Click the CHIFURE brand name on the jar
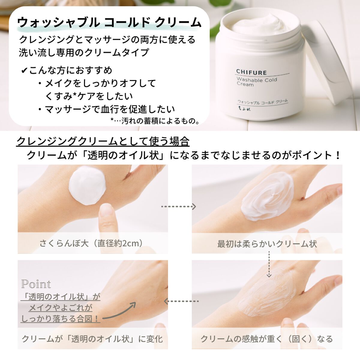(251, 72)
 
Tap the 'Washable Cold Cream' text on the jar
(256, 82)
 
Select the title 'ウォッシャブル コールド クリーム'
(109, 22)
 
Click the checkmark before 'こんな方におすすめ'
(24, 71)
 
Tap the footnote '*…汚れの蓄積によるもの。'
(155, 121)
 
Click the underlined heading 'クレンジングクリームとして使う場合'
(103, 141)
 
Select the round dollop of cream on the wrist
(87, 186)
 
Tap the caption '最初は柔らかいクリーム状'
(267, 244)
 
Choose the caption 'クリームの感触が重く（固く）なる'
(267, 339)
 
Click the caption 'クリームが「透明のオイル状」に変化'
(92, 339)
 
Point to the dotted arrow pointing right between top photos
(178, 206)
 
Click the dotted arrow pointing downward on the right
(269, 264)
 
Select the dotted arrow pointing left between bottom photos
(181, 301)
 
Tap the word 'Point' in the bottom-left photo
(36, 284)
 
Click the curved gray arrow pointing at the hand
(120, 312)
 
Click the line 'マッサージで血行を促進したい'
(110, 109)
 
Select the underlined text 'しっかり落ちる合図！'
(60, 319)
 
